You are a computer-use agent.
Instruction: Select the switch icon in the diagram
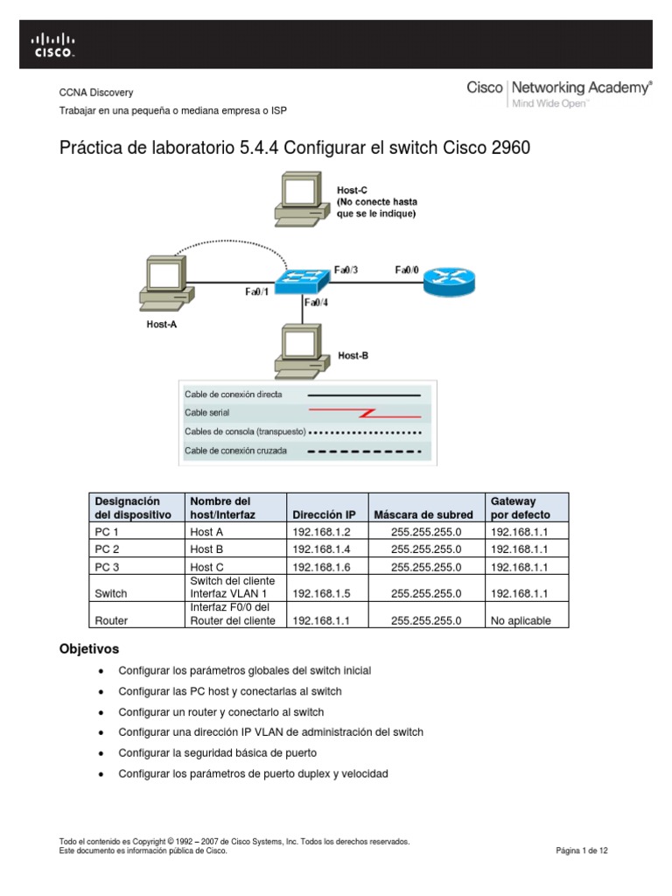pos(301,281)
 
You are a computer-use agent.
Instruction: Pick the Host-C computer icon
pos(300,200)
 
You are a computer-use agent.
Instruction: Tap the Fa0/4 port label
pos(316,303)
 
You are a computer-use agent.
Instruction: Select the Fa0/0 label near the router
pos(407,270)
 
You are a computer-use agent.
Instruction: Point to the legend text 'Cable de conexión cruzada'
pos(234,451)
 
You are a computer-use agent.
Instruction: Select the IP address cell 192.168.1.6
pos(323,567)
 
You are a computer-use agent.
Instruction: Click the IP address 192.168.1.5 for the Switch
pos(323,593)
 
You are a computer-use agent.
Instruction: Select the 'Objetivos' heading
pos(88,649)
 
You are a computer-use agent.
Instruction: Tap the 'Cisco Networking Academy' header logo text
pos(559,87)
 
